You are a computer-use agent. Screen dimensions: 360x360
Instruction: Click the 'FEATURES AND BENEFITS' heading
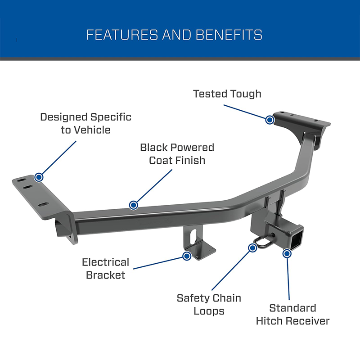[x=174, y=35]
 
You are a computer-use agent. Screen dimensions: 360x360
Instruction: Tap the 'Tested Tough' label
[x=227, y=94]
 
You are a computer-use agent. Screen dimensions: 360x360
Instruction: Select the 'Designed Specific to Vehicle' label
[x=85, y=123]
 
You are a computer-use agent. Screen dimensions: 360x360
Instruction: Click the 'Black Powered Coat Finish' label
[x=177, y=153]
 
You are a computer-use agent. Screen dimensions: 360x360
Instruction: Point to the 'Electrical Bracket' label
[x=105, y=268]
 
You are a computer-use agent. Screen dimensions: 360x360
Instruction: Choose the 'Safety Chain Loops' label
[x=208, y=304]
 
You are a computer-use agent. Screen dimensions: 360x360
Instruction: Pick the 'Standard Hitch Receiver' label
[x=292, y=314]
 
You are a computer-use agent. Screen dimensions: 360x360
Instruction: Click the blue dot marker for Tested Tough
[x=270, y=120]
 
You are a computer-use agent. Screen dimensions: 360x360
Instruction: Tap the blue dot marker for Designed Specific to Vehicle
[x=40, y=177]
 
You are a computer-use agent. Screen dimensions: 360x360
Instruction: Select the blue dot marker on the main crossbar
[x=133, y=205]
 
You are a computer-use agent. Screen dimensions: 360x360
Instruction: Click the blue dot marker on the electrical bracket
[x=186, y=256]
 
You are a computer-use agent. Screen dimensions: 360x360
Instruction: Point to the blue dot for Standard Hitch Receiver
[x=287, y=253]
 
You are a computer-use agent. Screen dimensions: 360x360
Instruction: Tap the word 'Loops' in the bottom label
[x=209, y=311]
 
